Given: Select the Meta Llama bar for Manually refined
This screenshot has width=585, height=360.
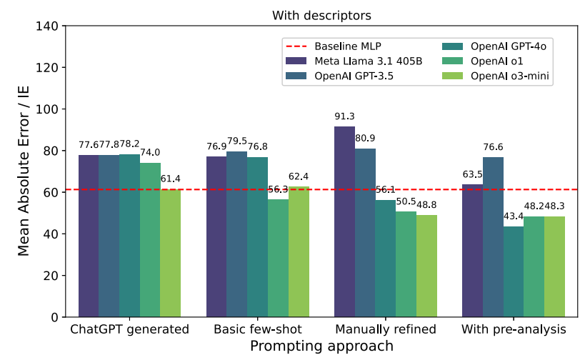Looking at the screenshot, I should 344,221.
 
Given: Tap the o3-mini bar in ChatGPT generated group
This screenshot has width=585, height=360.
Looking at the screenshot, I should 170,253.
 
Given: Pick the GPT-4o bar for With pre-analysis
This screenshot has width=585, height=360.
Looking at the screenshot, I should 513,271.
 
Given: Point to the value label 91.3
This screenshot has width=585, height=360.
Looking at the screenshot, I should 344,116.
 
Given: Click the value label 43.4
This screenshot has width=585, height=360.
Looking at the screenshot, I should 513,216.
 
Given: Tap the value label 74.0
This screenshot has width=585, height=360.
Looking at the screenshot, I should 150,152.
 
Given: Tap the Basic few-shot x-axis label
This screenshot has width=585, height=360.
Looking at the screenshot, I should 257,330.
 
